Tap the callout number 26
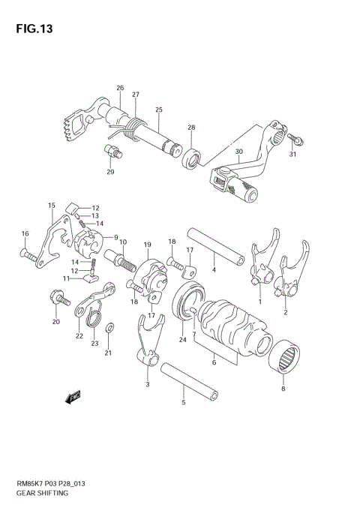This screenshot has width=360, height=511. click(x=120, y=89)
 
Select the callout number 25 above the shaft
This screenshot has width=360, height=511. click(x=158, y=110)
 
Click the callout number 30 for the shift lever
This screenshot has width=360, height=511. click(x=238, y=152)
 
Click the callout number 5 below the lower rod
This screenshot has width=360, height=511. click(x=183, y=403)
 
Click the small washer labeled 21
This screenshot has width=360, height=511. click(x=110, y=328)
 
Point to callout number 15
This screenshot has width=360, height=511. click(x=51, y=205)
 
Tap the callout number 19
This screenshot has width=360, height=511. click(x=148, y=245)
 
